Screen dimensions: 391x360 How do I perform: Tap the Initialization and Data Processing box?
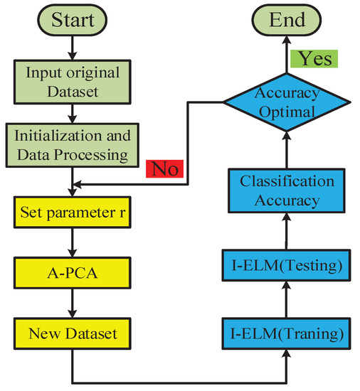click(x=73, y=144)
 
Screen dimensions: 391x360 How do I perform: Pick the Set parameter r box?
click(x=73, y=212)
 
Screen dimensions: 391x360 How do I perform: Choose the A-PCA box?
click(x=73, y=272)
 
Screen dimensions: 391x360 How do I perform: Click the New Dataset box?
click(x=73, y=331)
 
